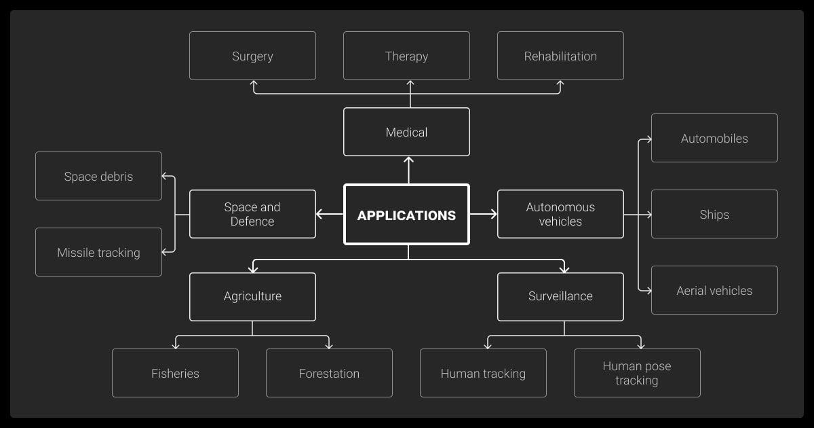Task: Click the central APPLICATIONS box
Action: pyautogui.click(x=406, y=215)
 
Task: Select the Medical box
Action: pyautogui.click(x=406, y=132)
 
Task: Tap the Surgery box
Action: pyautogui.click(x=252, y=56)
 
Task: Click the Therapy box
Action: pyautogui.click(x=406, y=56)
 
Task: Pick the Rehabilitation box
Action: pyautogui.click(x=560, y=56)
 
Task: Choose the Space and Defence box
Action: pyautogui.click(x=252, y=214)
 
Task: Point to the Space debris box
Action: pyautogui.click(x=98, y=176)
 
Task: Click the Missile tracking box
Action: pyautogui.click(x=98, y=252)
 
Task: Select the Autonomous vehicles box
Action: pyautogui.click(x=560, y=214)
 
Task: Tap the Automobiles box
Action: pyautogui.click(x=714, y=138)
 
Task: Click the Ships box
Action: pyautogui.click(x=714, y=214)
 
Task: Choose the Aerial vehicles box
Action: pyautogui.click(x=714, y=290)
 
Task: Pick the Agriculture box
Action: pyautogui.click(x=252, y=296)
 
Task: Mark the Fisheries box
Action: pyautogui.click(x=175, y=373)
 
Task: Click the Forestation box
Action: pyautogui.click(x=329, y=373)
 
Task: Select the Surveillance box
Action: pyautogui.click(x=560, y=296)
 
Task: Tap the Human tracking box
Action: pyautogui.click(x=483, y=373)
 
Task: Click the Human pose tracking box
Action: pyautogui.click(x=637, y=373)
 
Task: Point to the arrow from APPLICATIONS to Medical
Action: pyautogui.click(x=408, y=170)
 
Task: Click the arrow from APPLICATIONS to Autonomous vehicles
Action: pyautogui.click(x=483, y=214)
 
